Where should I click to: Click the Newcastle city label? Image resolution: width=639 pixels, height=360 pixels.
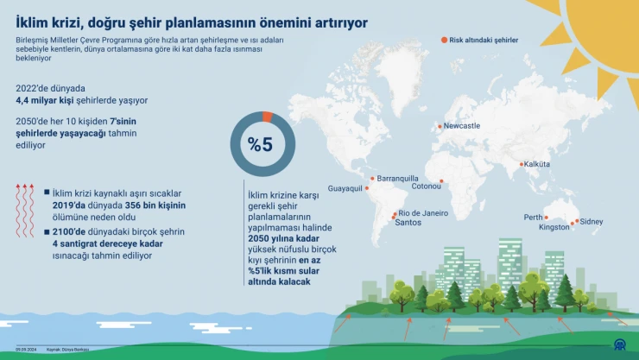point(461,126)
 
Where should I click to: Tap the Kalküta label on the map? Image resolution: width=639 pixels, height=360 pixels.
point(537,164)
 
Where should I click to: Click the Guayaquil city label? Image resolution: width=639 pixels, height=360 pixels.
point(345,188)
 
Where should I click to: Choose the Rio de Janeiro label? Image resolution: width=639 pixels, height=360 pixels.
point(424,212)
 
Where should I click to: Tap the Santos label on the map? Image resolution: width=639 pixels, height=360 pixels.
point(408,222)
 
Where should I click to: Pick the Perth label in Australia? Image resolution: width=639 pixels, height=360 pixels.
point(534,218)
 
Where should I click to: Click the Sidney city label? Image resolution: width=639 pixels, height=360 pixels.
point(592,221)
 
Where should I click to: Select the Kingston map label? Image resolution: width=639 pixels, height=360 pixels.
point(554,228)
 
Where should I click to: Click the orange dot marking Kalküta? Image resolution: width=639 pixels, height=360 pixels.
point(521,164)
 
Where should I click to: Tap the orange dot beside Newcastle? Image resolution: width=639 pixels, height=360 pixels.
point(440,127)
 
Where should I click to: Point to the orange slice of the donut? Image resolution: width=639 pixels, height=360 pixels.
point(267,117)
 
